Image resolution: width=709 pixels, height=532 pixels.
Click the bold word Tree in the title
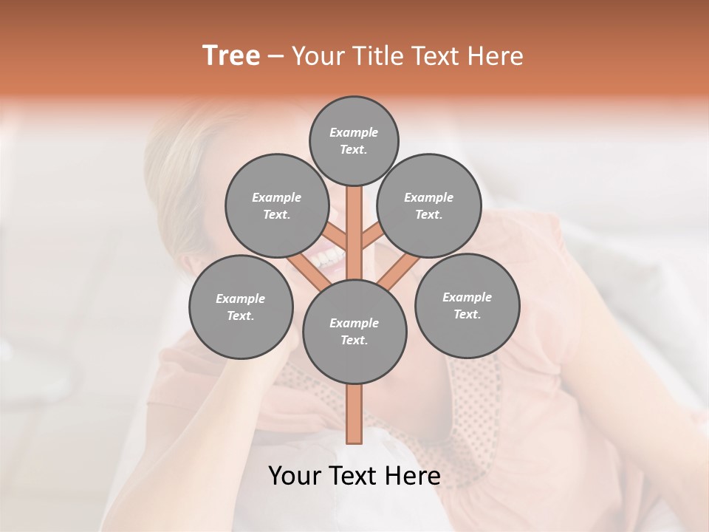(231, 56)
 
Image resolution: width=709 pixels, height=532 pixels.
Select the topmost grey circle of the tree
(354, 140)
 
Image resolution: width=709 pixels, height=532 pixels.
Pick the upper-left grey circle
(277, 205)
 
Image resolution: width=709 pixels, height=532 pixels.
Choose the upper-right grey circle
(429, 205)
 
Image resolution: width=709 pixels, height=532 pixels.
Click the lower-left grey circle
(241, 307)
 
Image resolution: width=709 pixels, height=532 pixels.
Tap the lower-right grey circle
(467, 305)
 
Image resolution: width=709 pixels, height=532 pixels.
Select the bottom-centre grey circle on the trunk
(354, 331)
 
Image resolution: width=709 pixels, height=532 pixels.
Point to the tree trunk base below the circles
(354, 414)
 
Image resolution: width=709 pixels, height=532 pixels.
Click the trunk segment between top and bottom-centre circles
(354, 233)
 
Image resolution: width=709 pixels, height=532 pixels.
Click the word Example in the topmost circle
(354, 132)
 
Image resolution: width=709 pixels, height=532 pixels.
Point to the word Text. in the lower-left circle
(241, 316)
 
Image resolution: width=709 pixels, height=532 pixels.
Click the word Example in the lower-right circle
(467, 297)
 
